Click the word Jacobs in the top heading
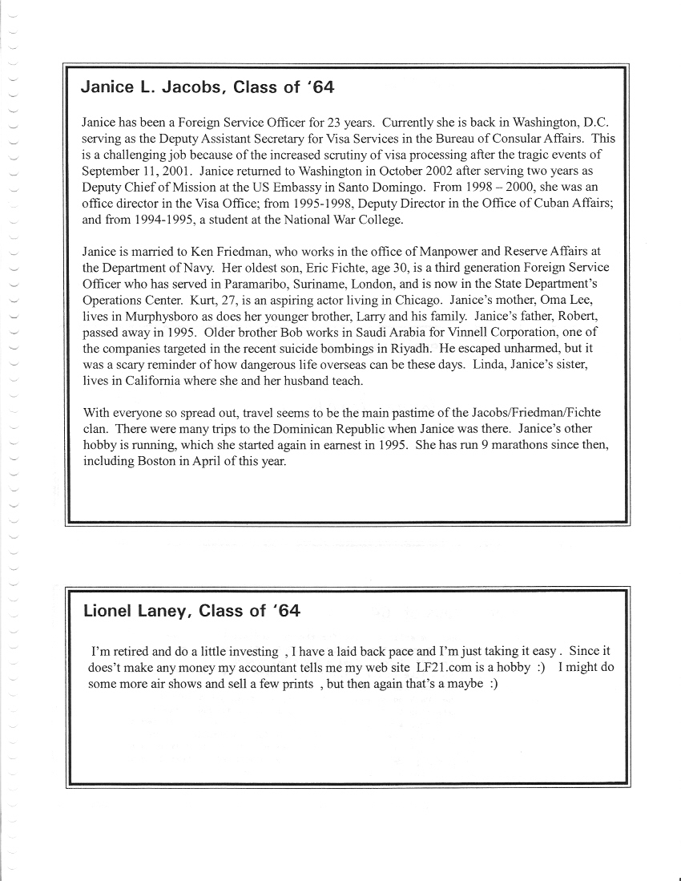click(192, 88)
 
